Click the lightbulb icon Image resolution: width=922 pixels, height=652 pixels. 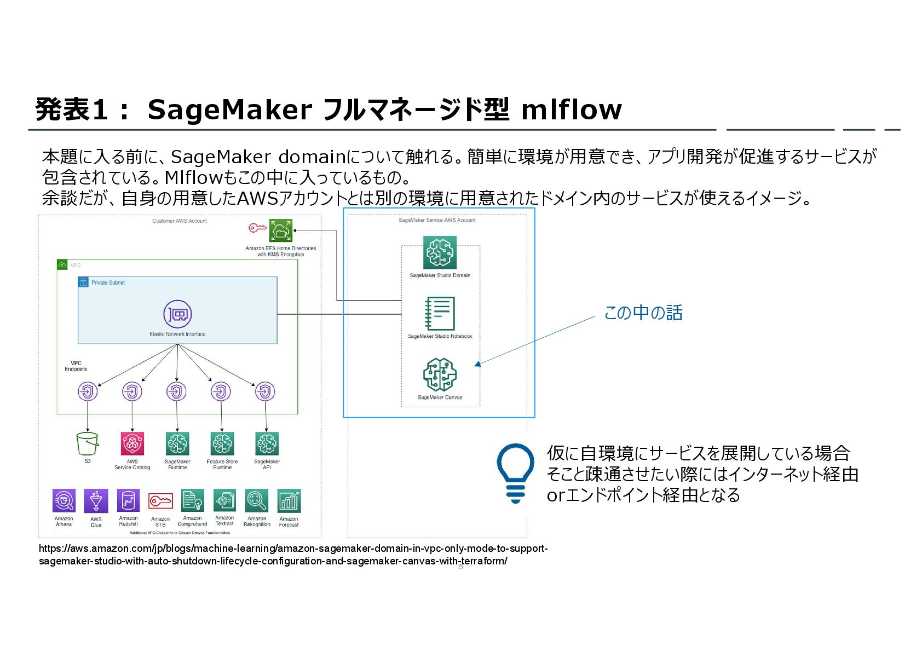tap(515, 472)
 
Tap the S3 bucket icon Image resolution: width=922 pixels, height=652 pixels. tap(88, 443)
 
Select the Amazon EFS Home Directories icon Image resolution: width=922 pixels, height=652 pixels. tap(281, 230)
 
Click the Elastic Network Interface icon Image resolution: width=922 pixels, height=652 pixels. tap(177, 314)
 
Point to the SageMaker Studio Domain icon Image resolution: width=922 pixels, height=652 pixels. tap(440, 252)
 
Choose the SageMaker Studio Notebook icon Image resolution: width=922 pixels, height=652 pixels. tap(440, 314)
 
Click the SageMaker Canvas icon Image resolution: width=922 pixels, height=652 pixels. tap(440, 375)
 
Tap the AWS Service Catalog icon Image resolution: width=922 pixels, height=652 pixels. tap(132, 443)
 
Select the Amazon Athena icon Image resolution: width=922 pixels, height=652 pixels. tap(64, 500)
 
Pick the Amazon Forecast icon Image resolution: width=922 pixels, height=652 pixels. tap(289, 500)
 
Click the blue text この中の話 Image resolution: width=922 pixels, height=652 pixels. tap(643, 313)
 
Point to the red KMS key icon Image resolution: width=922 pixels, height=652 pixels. tap(257, 228)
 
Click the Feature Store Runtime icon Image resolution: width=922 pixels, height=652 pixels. tap(222, 443)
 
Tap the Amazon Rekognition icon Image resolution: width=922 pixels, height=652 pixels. tap(257, 500)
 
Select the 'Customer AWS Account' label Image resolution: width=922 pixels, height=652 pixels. tap(180, 221)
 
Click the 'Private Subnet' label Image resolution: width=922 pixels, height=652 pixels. tap(108, 283)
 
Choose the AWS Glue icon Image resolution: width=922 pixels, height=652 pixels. tap(96, 500)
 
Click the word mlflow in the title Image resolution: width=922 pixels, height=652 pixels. tap(571, 109)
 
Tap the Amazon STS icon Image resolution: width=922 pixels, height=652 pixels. tap(160, 500)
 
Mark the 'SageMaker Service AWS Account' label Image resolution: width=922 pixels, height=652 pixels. tap(437, 220)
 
